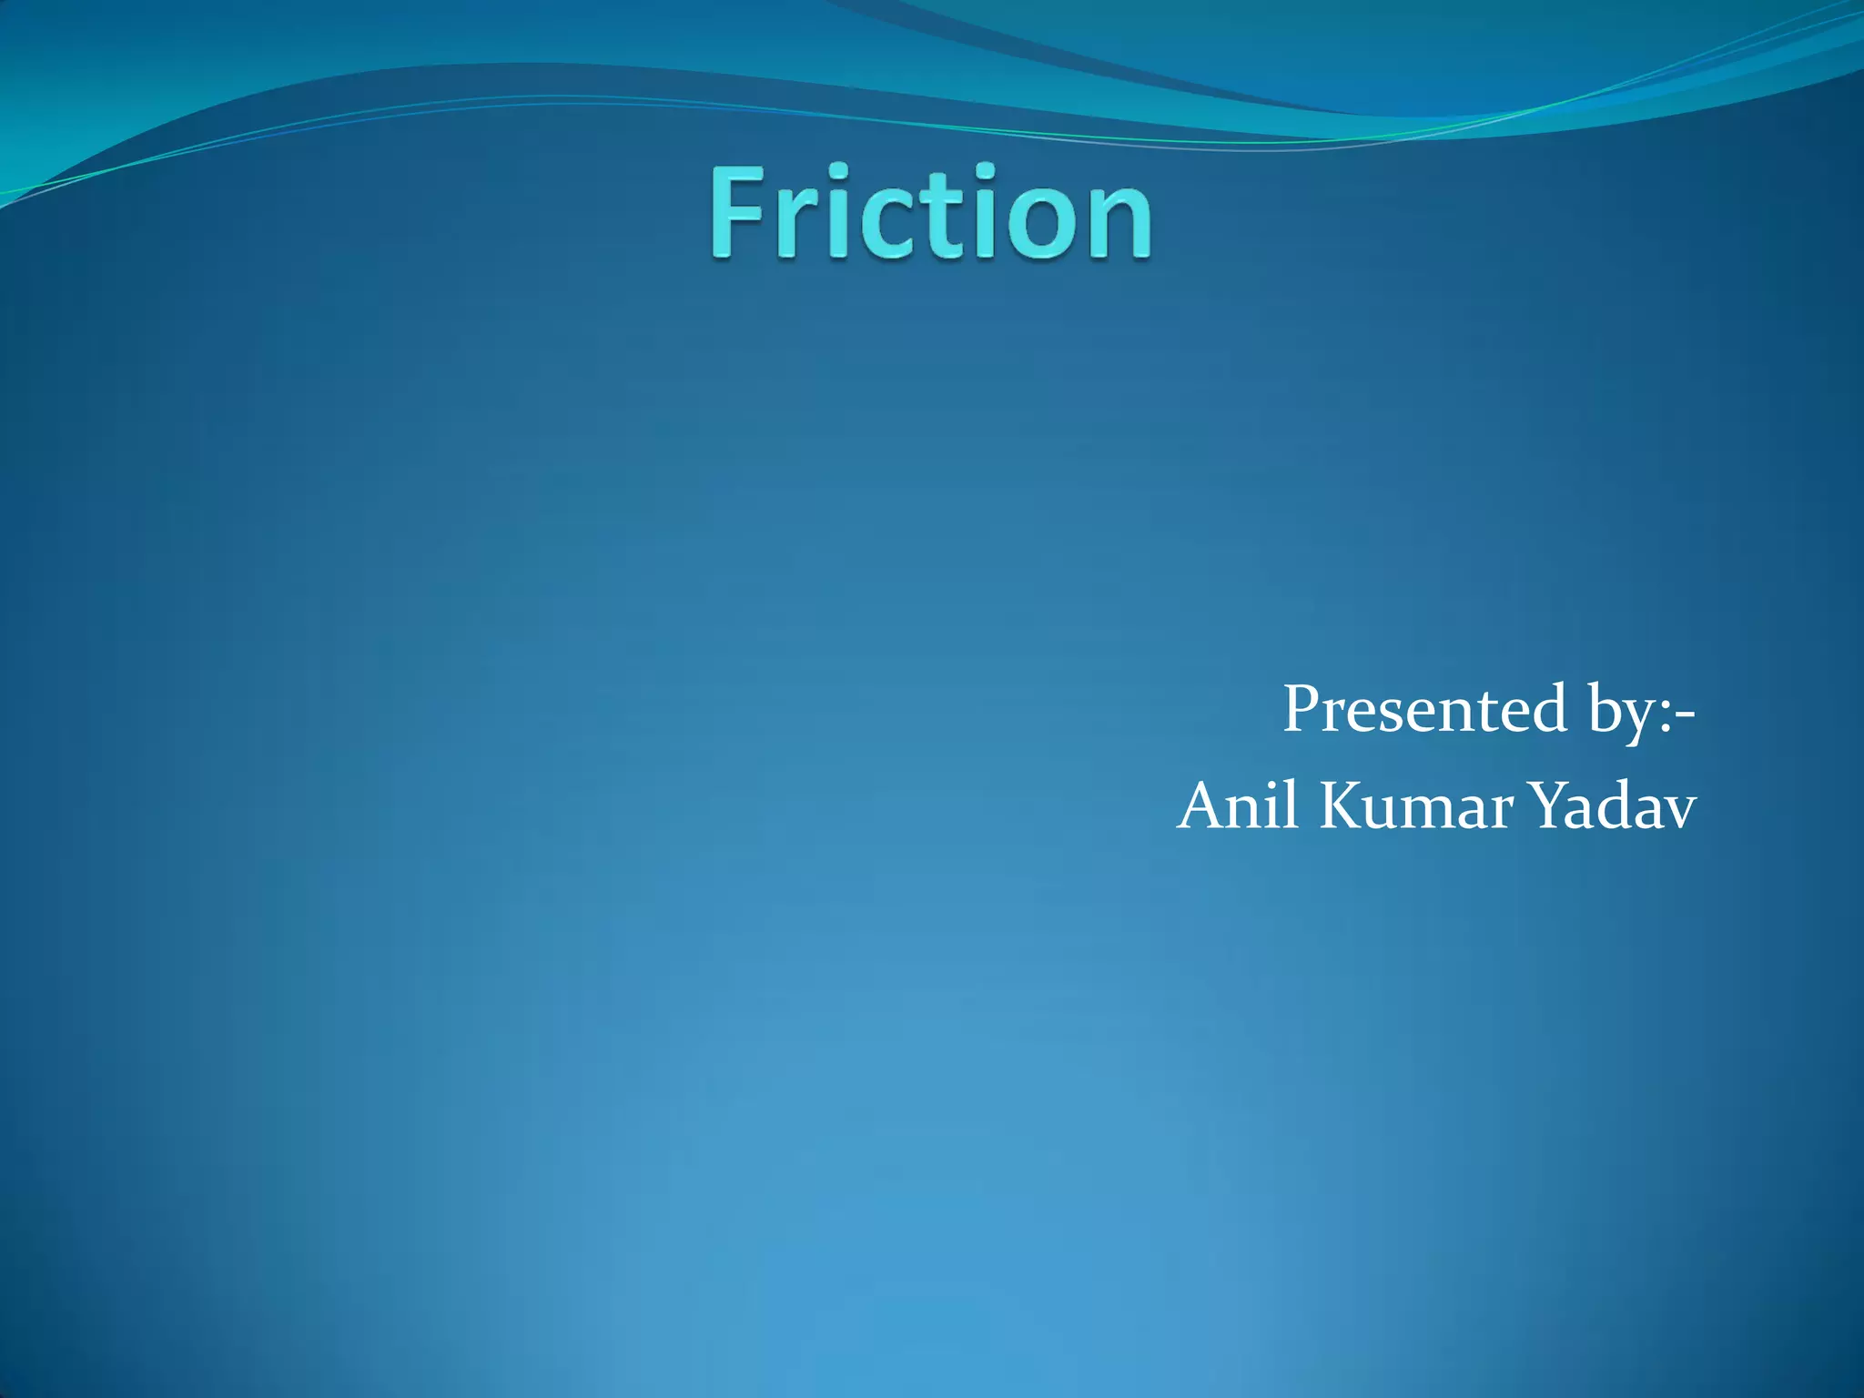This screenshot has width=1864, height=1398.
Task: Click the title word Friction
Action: [x=931, y=214]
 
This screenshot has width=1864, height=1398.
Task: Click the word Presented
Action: [x=1424, y=709]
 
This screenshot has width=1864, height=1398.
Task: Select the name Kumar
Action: [x=1416, y=806]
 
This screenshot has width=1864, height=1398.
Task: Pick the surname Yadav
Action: [x=1615, y=806]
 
